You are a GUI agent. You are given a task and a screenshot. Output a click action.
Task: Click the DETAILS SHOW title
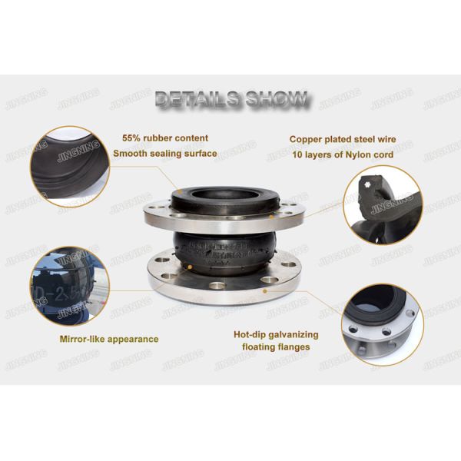point(231,98)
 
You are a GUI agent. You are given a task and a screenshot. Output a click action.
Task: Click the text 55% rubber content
point(164,138)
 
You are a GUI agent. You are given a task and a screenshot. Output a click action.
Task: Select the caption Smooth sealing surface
point(164,153)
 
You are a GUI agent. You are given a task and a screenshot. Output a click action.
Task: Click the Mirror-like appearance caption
point(109,339)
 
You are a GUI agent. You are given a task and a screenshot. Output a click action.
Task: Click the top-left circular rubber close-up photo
point(68,166)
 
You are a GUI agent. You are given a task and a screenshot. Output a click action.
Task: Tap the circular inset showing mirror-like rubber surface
point(68,284)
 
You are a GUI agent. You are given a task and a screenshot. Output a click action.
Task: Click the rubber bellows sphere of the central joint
point(223,250)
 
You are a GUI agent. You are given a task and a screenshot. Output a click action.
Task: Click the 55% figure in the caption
point(132,138)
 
